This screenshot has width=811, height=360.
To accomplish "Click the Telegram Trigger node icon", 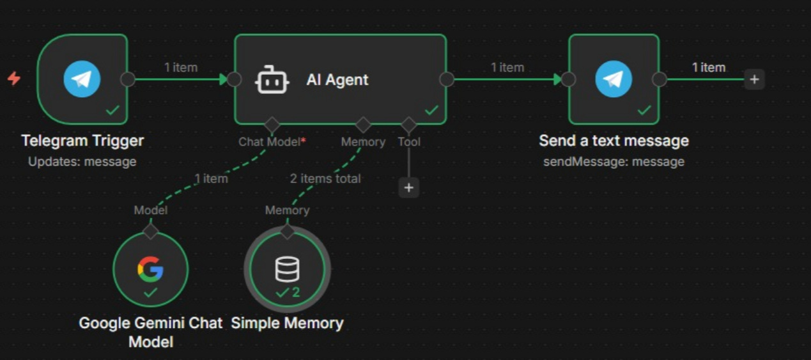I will [x=82, y=79].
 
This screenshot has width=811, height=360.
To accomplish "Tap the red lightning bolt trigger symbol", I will [x=13, y=79].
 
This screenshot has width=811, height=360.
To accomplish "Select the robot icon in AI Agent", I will [x=272, y=80].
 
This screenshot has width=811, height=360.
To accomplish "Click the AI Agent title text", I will [x=337, y=80].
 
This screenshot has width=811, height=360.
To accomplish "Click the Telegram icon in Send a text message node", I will [x=614, y=79].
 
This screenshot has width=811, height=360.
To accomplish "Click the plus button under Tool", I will [x=408, y=187].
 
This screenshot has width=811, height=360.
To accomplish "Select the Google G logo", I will [x=150, y=269].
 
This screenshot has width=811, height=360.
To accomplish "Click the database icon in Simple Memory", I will [x=287, y=269].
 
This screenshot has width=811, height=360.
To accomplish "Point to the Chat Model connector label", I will [x=269, y=141].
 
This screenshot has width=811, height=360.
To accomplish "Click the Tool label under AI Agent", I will [x=409, y=141].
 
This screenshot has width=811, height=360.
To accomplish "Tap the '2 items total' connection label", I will [x=325, y=178].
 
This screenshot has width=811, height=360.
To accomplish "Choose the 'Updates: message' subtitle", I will [x=82, y=162].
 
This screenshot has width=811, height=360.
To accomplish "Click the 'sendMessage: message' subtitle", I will [x=614, y=162].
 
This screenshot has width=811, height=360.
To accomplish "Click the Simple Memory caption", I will [x=287, y=324].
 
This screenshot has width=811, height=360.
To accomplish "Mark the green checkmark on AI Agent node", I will [x=432, y=110].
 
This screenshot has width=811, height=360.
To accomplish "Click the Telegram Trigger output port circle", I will [x=128, y=79].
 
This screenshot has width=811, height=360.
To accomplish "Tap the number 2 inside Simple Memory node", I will [x=296, y=293].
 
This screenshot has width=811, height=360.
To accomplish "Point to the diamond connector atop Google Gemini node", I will [x=150, y=231].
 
